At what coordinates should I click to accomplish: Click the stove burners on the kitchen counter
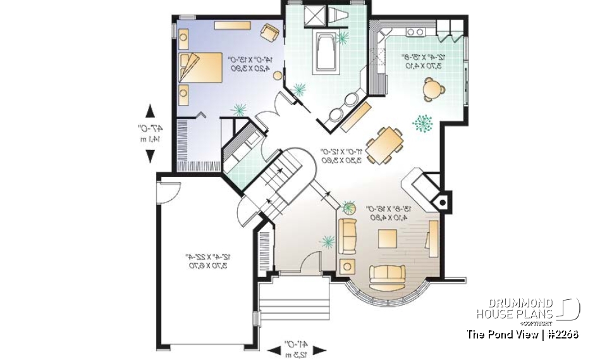pos(415,32)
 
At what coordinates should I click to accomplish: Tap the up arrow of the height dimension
pos(150,111)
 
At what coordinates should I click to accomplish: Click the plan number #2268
pos(562,334)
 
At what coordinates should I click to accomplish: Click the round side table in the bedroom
pos(277,75)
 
